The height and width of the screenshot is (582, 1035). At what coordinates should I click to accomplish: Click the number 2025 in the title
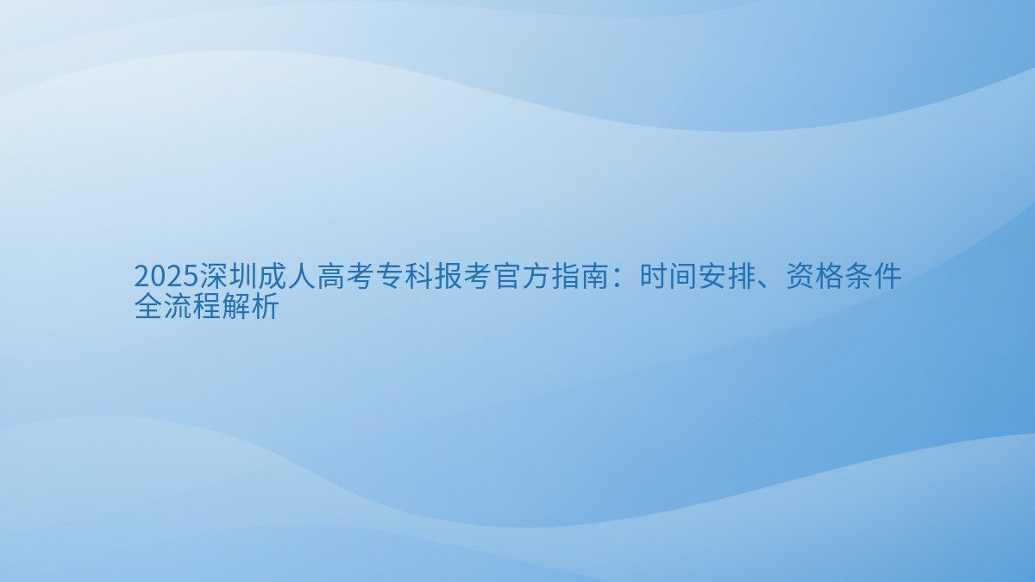tap(166, 278)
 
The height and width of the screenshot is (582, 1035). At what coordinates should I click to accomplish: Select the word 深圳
tap(229, 278)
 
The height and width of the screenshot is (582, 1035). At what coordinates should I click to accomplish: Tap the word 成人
tap(287, 278)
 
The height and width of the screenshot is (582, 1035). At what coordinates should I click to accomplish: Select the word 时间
tap(668, 278)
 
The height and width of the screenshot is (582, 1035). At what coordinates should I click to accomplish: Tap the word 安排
tap(726, 278)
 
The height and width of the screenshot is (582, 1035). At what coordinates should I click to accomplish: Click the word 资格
tap(814, 278)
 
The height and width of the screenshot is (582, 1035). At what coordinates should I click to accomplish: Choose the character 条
tap(858, 278)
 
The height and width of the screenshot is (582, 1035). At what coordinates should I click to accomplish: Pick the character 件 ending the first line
tap(888, 278)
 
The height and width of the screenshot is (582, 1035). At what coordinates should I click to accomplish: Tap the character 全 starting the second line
tap(148, 306)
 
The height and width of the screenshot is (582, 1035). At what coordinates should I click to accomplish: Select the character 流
tap(178, 306)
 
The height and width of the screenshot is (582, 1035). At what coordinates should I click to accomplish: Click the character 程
tap(207, 306)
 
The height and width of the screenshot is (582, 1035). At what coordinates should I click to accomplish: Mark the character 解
tap(236, 306)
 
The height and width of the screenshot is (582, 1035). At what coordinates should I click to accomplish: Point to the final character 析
tap(266, 306)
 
